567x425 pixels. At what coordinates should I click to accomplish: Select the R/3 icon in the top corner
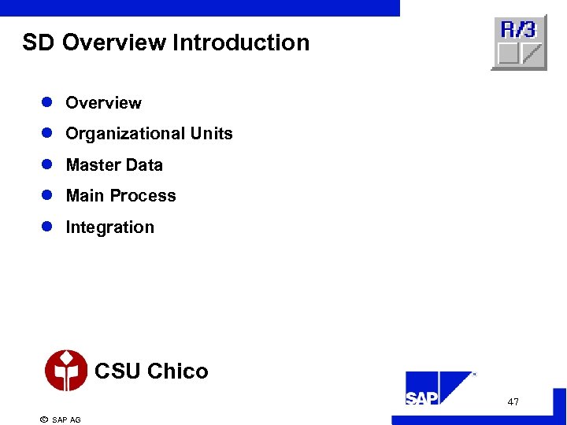pos(518,42)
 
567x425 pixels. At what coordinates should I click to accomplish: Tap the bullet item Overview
pos(103,103)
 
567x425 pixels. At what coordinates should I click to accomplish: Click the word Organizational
pos(125,134)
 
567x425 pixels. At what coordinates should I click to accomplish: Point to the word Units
pos(212,134)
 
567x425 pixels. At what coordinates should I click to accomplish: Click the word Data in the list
pos(144,165)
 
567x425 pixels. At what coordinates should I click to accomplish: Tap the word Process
pos(143,196)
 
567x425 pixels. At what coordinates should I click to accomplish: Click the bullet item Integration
pos(109,227)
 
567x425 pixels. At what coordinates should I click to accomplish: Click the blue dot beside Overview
pos(46,103)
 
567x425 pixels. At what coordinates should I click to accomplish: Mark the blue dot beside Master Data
pos(46,165)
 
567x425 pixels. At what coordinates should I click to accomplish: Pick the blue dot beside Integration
pos(46,227)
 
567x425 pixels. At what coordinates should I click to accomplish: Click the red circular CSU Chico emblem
pos(66,371)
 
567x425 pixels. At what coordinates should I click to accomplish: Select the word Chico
pos(177,371)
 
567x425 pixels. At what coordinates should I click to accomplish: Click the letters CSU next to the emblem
pos(117,371)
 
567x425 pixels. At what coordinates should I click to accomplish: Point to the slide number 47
pos(513,402)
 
